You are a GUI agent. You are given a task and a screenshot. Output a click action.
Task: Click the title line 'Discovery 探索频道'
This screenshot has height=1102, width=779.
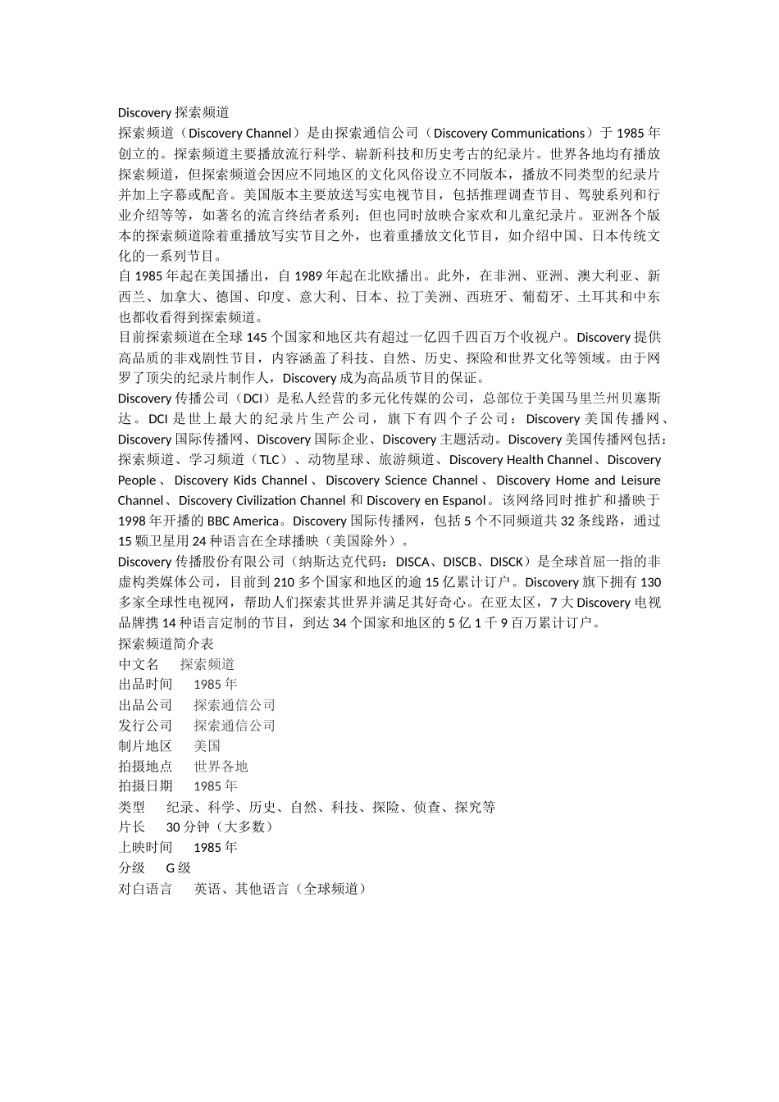click(x=173, y=112)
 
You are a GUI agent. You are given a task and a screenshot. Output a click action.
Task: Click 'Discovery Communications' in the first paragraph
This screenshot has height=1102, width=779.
click(x=508, y=133)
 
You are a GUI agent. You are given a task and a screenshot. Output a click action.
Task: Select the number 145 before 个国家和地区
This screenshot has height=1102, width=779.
click(x=257, y=337)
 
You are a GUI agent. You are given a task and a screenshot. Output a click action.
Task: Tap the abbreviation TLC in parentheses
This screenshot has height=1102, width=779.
click(x=268, y=460)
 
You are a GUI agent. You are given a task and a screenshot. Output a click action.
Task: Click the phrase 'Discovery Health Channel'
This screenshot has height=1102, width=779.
click(x=520, y=460)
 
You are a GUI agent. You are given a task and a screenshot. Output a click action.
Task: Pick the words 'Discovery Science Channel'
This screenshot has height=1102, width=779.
click(x=401, y=480)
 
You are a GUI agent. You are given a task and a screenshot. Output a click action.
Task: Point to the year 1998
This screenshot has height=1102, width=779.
click(x=132, y=521)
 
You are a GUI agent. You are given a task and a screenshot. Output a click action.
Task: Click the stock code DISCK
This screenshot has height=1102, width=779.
click(x=506, y=562)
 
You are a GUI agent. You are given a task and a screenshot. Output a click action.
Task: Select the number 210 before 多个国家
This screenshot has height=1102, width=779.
click(x=283, y=582)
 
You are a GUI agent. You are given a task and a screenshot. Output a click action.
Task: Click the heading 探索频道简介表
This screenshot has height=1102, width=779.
click(x=166, y=644)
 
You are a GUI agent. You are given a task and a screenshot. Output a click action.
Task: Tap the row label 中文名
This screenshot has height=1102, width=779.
click(x=139, y=664)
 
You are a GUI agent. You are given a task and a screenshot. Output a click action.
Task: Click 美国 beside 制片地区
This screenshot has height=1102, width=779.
click(x=207, y=745)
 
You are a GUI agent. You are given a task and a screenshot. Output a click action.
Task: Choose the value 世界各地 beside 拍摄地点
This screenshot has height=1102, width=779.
click(x=221, y=766)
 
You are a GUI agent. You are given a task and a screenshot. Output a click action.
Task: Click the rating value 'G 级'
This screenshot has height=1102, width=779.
click(x=178, y=867)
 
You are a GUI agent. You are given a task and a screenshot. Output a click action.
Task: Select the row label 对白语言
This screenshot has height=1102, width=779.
click(x=145, y=888)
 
